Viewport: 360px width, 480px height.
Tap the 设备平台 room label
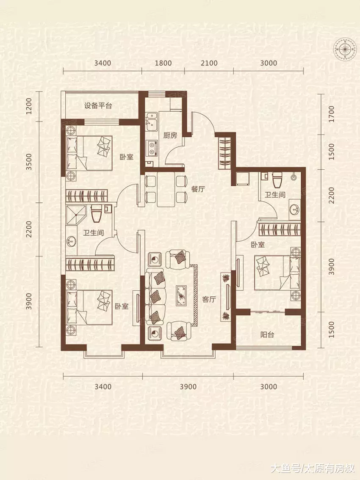(x=98, y=106)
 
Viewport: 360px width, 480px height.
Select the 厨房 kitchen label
(x=170, y=135)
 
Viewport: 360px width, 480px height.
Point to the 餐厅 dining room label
(x=198, y=189)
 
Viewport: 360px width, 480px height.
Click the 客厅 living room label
(x=209, y=299)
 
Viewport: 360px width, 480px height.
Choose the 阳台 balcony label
(x=267, y=334)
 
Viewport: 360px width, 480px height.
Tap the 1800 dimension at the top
(x=163, y=63)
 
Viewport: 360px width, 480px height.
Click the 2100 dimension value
(x=209, y=63)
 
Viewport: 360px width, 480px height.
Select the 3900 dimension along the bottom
(x=188, y=386)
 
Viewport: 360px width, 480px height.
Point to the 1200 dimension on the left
(x=29, y=106)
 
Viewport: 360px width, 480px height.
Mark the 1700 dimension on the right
(x=331, y=114)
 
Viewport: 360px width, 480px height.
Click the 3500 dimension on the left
(x=29, y=162)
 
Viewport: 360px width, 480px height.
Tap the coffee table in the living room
(x=182, y=295)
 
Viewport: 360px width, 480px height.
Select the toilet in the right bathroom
(x=277, y=180)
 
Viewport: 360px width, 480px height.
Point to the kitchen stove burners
(x=151, y=148)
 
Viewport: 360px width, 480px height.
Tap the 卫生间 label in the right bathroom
(x=275, y=195)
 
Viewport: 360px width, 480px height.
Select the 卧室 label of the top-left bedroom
(x=127, y=157)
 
